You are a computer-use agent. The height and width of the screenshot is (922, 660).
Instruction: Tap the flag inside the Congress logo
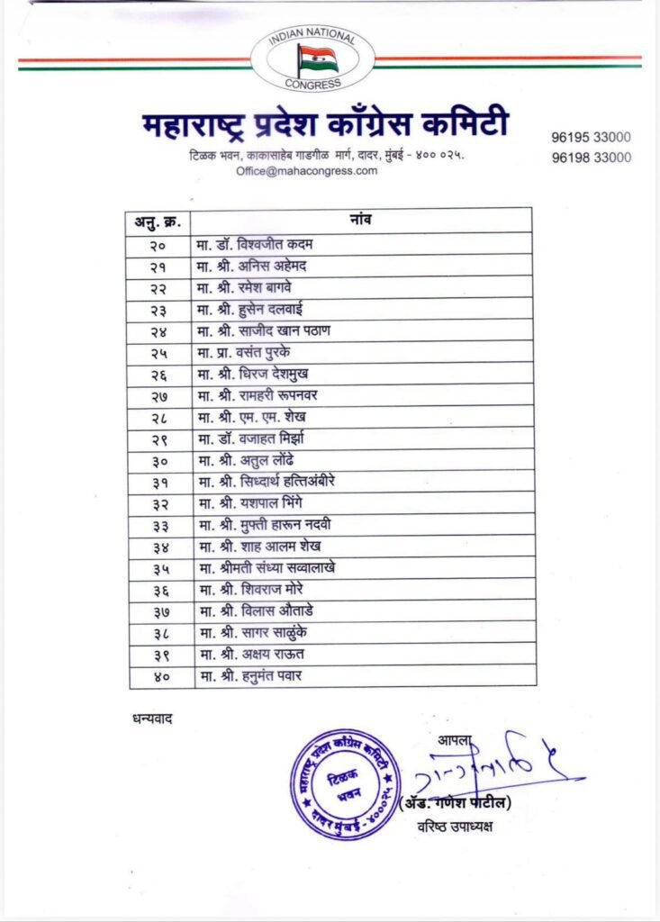point(318,59)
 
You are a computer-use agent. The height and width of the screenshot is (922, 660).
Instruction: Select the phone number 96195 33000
point(591,138)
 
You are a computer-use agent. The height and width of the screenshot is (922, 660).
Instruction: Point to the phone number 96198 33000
point(591,157)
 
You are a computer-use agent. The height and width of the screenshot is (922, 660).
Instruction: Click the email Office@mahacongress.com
point(307,171)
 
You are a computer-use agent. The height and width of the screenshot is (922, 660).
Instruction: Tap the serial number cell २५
point(159,353)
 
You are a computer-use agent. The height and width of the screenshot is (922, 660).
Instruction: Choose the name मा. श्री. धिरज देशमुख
point(257,374)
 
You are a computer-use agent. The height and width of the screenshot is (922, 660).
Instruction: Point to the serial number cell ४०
point(159,676)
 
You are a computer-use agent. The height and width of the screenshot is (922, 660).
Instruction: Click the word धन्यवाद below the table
point(145,719)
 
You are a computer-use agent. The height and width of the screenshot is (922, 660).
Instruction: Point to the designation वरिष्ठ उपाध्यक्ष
point(455,827)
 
